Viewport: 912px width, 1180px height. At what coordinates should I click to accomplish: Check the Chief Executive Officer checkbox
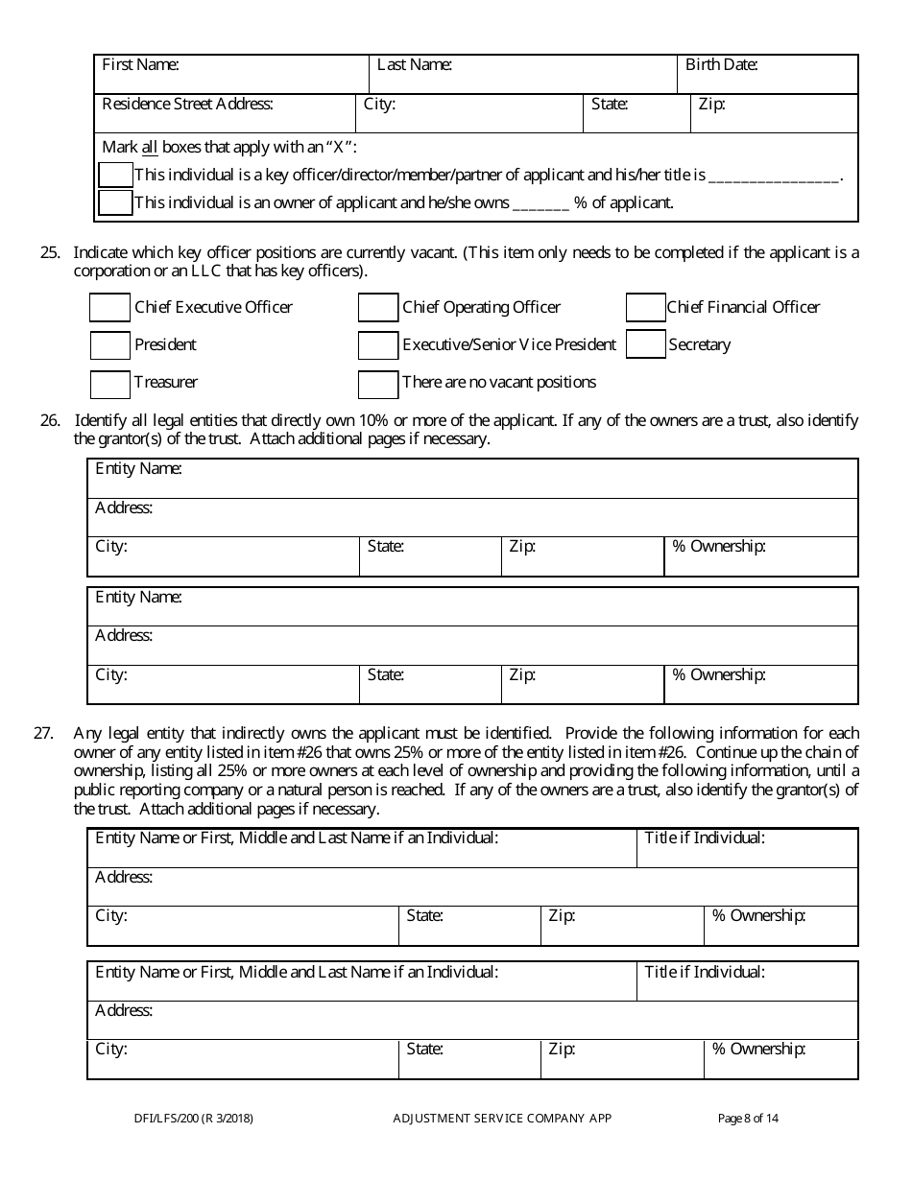point(109,308)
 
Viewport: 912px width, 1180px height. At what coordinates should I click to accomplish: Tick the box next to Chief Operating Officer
point(377,308)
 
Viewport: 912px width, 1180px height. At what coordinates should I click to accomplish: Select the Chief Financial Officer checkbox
point(645,308)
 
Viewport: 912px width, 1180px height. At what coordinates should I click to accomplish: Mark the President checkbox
point(109,345)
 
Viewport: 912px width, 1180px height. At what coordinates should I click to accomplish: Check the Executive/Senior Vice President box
point(377,345)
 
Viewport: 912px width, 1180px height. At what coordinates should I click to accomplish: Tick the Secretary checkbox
point(645,344)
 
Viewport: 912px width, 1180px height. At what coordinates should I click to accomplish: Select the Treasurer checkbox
point(109,384)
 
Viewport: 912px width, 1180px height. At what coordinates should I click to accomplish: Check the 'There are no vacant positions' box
point(377,384)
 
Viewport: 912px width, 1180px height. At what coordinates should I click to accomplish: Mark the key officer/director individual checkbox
point(115,175)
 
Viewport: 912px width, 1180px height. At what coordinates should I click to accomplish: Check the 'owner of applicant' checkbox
point(115,202)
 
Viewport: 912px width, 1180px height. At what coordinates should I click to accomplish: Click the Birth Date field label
point(721,65)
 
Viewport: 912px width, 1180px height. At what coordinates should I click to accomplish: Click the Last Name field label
point(414,65)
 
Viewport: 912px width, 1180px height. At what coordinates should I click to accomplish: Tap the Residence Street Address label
point(187,105)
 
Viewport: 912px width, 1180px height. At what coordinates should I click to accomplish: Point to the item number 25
point(50,253)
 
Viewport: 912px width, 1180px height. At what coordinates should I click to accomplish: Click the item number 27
point(43,733)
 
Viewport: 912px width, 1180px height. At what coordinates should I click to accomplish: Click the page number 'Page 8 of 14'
point(748,1118)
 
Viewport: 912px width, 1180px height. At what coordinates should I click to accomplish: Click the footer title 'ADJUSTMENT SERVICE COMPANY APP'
point(502,1118)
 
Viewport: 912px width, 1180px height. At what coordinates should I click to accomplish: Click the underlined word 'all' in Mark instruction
point(150,148)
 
